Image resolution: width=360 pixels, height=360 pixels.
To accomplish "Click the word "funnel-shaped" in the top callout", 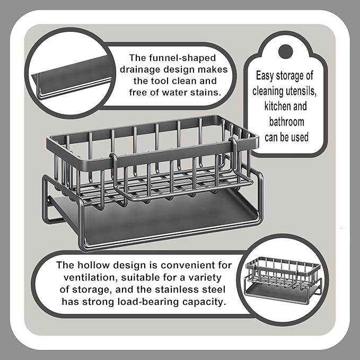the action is point(182,58).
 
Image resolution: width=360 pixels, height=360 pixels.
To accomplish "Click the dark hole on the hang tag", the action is point(285,51).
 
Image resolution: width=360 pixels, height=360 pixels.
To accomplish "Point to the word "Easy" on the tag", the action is point(265,76).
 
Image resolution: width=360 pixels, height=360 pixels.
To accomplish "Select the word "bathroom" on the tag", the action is point(286,122).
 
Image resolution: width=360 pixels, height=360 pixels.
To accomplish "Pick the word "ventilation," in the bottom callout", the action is point(91,277).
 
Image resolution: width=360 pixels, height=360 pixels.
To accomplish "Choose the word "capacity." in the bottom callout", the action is point(204,302).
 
